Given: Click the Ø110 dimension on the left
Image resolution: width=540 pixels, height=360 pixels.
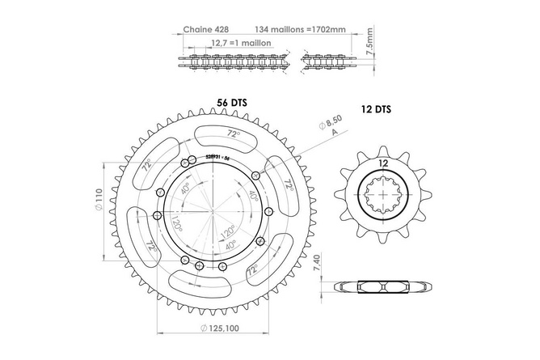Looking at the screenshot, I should tap(98, 197).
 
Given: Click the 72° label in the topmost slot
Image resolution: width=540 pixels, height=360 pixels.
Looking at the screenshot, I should tap(232, 133).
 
